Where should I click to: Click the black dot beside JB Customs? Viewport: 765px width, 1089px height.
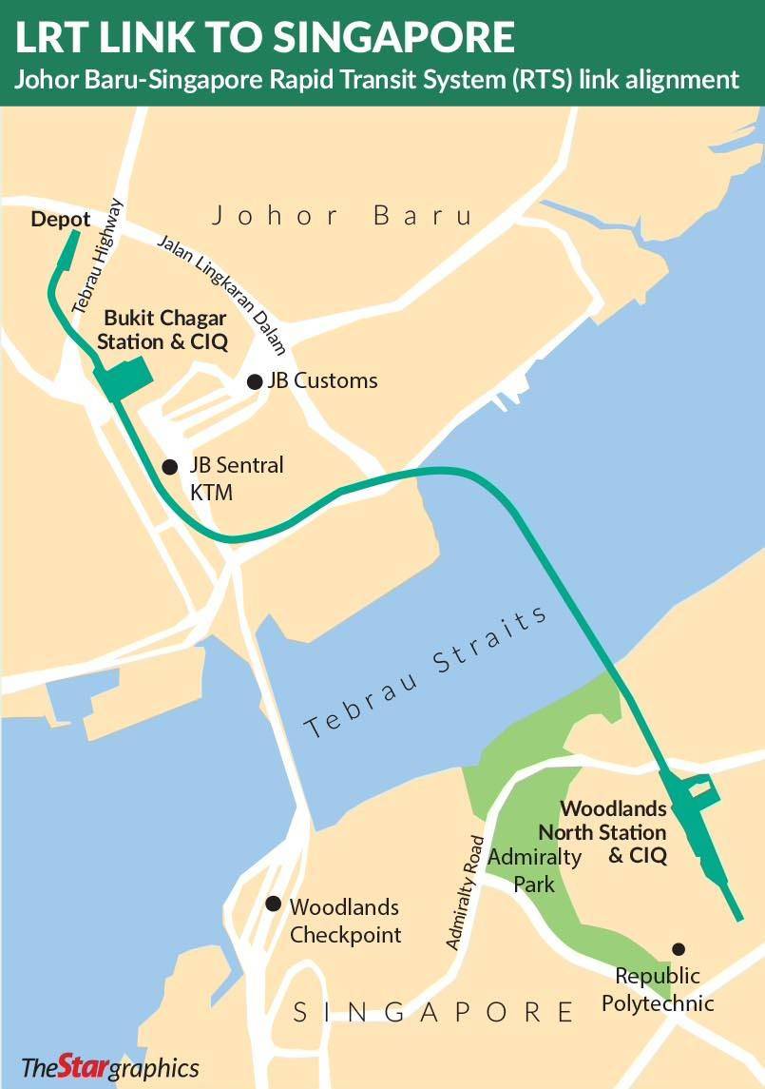255,381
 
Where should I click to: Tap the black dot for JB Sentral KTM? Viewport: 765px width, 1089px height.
170,466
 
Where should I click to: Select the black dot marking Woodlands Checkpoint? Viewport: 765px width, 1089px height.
274,904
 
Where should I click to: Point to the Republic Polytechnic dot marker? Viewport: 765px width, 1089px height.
679,948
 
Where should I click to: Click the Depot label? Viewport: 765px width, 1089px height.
61,219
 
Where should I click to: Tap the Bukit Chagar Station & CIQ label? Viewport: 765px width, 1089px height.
165,330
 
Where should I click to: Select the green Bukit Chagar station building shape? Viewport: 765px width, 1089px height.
125,376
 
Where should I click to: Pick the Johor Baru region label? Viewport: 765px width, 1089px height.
342,215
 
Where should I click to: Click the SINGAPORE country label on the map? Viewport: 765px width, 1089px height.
433,1011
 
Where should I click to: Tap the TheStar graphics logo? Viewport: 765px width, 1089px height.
110,1066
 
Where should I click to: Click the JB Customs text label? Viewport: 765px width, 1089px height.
322,381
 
